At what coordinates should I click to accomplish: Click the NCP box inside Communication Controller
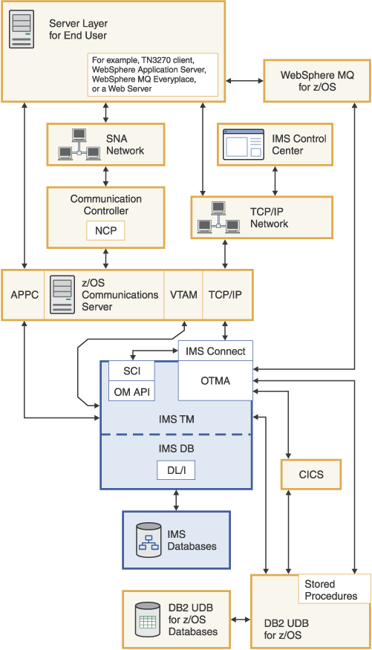(x=105, y=231)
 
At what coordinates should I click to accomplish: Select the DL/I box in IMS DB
(x=175, y=470)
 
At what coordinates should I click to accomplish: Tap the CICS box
(x=311, y=474)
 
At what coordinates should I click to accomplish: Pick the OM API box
(x=131, y=391)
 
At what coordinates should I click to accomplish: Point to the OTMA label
(x=216, y=381)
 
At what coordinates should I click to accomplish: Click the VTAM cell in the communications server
(x=183, y=295)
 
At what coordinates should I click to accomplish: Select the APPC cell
(x=23, y=295)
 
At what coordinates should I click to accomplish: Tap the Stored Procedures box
(x=330, y=590)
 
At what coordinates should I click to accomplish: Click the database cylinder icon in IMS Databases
(x=148, y=540)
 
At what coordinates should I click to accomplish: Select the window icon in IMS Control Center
(x=244, y=145)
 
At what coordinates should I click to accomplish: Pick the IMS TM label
(x=176, y=419)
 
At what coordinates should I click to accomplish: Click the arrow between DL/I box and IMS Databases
(x=176, y=500)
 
